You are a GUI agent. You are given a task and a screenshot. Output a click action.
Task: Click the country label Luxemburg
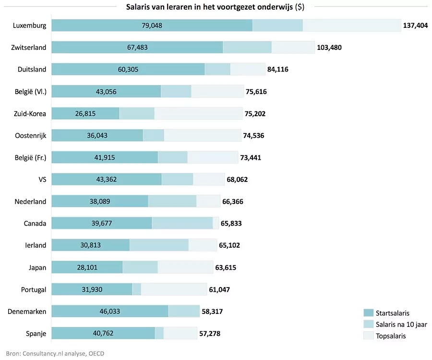30,25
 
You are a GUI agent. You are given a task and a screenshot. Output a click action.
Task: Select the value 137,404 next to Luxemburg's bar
415,25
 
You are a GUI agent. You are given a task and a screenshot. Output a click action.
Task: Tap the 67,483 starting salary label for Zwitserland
137,48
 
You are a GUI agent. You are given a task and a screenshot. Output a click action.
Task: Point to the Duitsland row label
33,69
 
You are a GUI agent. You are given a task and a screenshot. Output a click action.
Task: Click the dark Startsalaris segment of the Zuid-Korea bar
85,113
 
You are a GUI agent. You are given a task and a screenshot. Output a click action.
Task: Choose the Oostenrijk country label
31,135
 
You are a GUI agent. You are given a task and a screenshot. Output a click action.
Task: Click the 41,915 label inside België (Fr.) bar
105,157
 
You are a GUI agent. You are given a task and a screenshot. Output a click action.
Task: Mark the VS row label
42,180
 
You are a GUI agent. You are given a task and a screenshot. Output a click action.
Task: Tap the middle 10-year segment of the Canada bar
182,223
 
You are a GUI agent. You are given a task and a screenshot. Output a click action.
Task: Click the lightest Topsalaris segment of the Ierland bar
203,245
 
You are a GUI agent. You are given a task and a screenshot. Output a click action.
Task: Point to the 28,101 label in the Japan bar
87,267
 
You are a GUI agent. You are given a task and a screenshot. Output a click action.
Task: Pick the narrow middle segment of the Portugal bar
137,289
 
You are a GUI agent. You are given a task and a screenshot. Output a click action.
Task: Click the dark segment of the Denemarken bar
109,312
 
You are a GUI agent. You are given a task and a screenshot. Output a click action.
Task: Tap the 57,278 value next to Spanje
209,333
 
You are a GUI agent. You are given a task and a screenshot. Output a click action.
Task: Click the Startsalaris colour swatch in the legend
368,313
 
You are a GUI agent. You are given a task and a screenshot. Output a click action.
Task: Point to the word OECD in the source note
95,354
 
